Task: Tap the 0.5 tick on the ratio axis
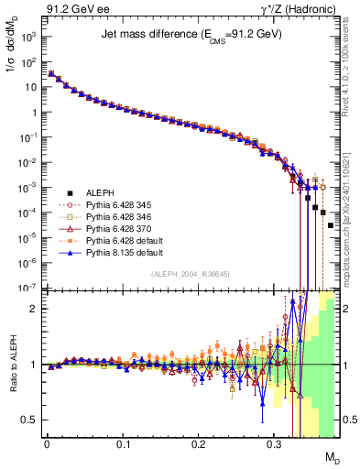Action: click(x=31, y=420)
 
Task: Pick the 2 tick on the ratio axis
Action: click(x=35, y=309)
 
